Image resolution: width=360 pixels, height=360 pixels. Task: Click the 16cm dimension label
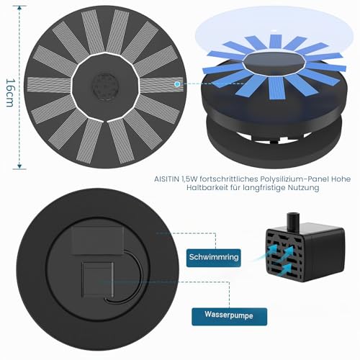coord(9,92)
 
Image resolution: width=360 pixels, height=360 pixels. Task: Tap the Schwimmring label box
coord(214,258)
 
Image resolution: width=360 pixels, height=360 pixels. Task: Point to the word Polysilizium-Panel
coord(285,179)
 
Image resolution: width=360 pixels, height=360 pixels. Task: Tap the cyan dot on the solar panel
coord(177,84)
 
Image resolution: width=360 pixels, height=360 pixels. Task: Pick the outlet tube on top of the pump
coord(293,222)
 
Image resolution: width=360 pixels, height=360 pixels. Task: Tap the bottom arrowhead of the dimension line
coord(19,166)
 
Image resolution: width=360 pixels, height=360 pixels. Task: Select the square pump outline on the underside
coord(98,279)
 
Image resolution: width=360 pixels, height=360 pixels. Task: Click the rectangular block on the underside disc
coord(98,240)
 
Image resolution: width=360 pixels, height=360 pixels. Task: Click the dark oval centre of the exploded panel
coord(274,62)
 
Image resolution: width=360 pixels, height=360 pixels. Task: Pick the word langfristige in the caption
coord(264,188)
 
